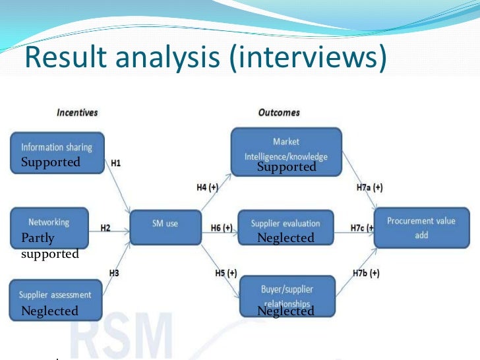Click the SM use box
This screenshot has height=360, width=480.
tap(164, 224)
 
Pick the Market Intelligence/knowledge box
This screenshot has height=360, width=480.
tap(285, 149)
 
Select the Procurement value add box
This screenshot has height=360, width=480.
tap(421, 228)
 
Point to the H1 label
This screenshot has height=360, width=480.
tap(115, 162)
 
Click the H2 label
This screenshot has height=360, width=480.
tap(105, 228)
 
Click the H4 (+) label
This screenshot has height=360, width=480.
tap(207, 187)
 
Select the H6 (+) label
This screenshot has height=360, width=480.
tap(222, 228)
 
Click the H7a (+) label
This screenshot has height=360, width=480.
tap(369, 187)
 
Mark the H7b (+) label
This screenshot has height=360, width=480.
tap(365, 274)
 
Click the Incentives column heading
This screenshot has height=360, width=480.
tap(77, 113)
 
